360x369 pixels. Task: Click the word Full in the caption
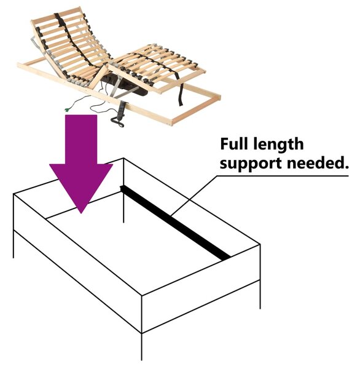pyautogui.click(x=234, y=144)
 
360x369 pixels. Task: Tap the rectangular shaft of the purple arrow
pyautogui.click(x=81, y=140)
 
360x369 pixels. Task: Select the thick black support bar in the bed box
pyautogui.click(x=175, y=223)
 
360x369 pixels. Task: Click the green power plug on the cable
pyautogui.click(x=67, y=109)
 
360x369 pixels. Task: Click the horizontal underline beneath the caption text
pyautogui.click(x=282, y=176)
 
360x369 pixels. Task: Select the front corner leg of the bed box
pyautogui.click(x=141, y=346)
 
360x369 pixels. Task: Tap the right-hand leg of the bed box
pyautogui.click(x=260, y=294)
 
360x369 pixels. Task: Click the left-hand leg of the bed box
pyautogui.click(x=14, y=244)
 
